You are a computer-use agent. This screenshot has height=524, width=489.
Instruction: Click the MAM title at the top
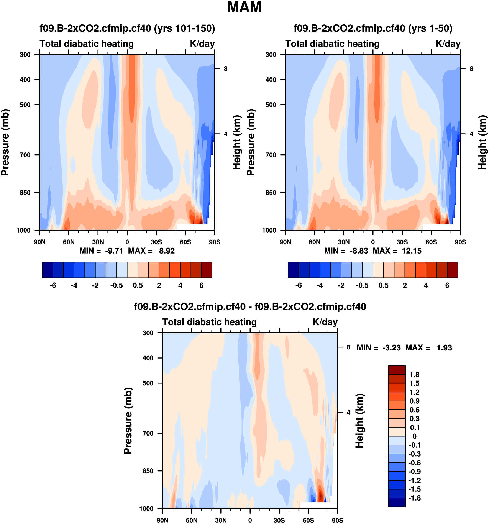point(244,7)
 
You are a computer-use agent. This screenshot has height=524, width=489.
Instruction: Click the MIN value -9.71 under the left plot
point(114,251)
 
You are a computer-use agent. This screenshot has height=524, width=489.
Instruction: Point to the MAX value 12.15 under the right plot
point(412,251)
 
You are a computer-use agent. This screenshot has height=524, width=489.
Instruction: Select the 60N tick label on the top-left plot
point(69,242)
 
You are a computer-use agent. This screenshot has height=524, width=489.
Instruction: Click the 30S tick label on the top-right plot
point(402,242)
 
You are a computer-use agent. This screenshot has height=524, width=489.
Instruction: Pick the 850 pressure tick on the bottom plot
point(148,471)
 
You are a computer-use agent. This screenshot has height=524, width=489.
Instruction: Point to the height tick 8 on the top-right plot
point(471,69)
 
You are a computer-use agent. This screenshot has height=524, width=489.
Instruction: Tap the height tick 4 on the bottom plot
point(348,412)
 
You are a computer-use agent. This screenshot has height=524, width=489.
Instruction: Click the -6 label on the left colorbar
point(53,285)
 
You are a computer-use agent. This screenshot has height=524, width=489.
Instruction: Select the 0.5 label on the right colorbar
point(384,285)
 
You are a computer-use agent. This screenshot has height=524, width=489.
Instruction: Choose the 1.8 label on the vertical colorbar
point(414,375)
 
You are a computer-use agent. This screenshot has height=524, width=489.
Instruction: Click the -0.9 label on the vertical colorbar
point(414,472)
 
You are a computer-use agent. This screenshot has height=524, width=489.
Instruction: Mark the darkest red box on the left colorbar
point(207,270)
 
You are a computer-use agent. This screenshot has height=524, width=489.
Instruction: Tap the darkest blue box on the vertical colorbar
point(397,502)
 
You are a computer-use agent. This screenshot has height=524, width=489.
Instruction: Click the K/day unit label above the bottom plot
point(325,322)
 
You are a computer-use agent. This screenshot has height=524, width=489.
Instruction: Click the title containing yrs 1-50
point(373,28)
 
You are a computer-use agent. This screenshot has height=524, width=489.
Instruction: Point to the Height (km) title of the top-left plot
point(237,142)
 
